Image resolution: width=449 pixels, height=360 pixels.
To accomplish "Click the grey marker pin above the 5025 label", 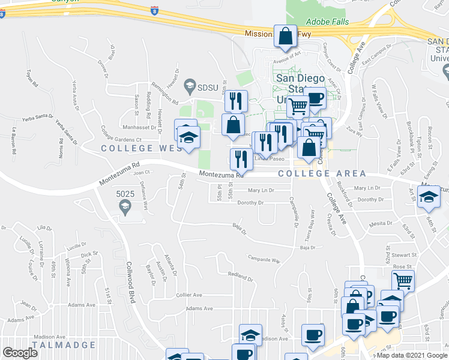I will [x=125, y=208].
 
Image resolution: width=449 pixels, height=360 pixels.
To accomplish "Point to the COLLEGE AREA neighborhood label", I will [x=322, y=173].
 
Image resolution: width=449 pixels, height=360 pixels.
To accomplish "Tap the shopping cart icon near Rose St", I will [x=403, y=281].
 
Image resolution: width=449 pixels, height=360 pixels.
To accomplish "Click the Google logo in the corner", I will [x=20, y=353].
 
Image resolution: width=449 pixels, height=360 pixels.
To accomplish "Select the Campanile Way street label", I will [x=264, y=260].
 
